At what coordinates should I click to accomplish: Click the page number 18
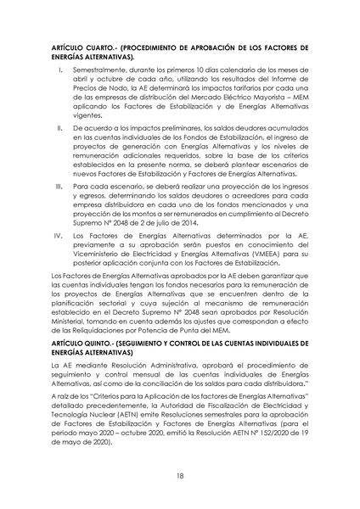click(x=180, y=476)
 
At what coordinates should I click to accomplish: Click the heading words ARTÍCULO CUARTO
click(x=81, y=43)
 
